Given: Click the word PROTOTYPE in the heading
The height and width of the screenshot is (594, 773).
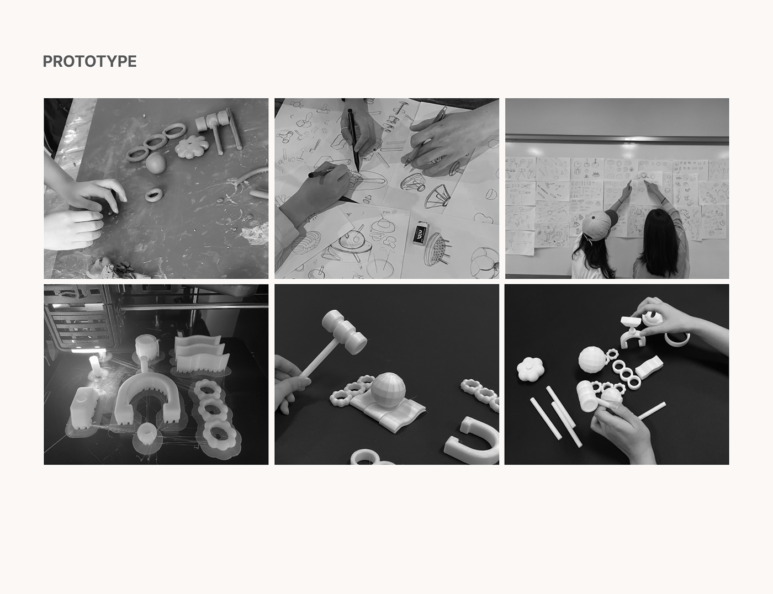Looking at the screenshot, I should [89, 61].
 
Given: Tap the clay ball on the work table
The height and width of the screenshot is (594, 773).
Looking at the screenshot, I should [155, 163].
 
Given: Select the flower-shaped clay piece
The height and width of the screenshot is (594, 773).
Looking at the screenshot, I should [192, 147].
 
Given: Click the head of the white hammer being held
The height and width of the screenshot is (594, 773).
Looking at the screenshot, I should [345, 332].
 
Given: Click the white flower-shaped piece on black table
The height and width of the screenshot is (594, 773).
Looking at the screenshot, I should [531, 369].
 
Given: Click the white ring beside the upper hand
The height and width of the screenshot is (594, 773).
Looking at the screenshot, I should [677, 338].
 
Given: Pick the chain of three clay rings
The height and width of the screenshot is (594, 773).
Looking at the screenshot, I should [155, 142].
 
